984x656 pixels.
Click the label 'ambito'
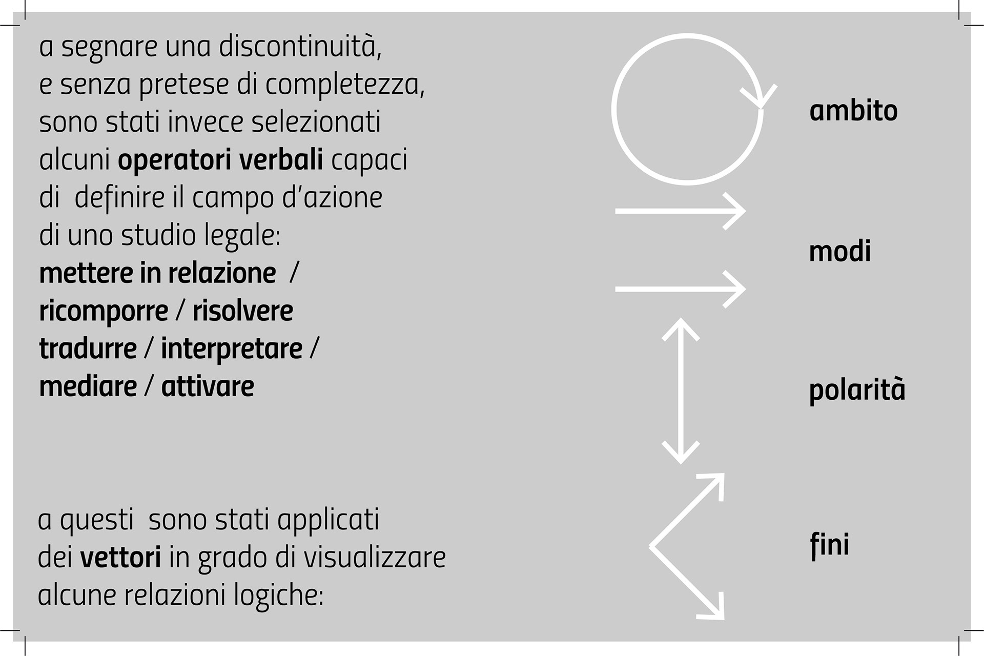click(853, 111)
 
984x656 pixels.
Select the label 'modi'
click(839, 252)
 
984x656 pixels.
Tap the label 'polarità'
click(857, 391)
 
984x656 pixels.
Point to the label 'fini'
click(830, 544)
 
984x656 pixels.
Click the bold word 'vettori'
click(120, 558)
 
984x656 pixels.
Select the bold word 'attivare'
click(208, 386)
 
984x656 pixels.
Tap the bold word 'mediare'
click(88, 386)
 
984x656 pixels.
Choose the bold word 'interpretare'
click(232, 349)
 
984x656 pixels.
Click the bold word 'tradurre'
click(88, 349)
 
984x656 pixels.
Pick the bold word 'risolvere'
click(242, 311)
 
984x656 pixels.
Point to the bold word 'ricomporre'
click(104, 311)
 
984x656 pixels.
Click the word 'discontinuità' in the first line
click(300, 47)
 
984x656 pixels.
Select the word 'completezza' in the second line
click(344, 85)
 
